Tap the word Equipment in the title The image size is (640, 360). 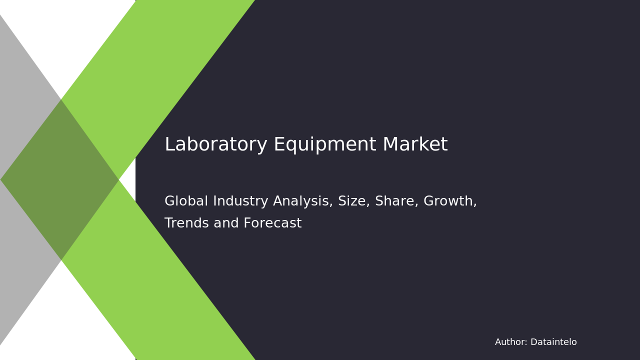325,145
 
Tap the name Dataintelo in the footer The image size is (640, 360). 553,342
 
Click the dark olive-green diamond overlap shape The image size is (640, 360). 60,179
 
